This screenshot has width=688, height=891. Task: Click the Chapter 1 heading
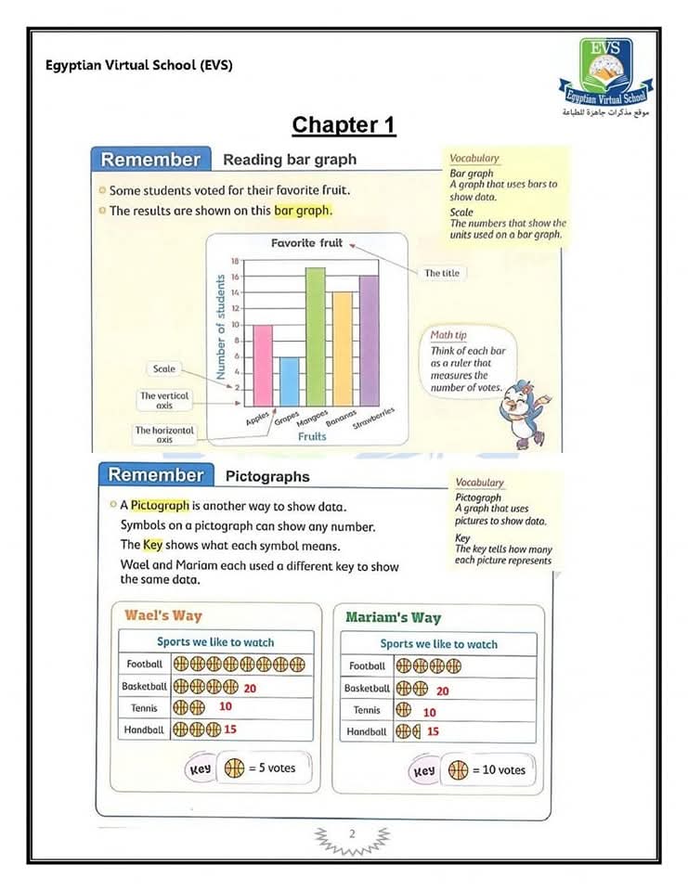click(x=344, y=125)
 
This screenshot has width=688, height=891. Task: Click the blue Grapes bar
click(x=290, y=381)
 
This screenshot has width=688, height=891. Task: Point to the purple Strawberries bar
click(x=369, y=340)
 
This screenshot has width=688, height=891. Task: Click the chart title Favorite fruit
click(x=306, y=243)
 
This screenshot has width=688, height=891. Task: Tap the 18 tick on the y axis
click(x=235, y=262)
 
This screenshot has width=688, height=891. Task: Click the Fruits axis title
click(x=312, y=435)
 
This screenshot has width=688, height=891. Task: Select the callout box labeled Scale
click(x=163, y=369)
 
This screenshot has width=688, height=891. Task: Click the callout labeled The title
click(x=441, y=273)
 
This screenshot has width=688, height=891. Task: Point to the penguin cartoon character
click(x=524, y=412)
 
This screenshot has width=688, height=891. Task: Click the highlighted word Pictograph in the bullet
click(x=160, y=506)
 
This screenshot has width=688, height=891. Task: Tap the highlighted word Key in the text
click(x=152, y=545)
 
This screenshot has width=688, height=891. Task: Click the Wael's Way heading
click(x=162, y=615)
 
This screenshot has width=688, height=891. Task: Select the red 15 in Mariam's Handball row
click(x=433, y=731)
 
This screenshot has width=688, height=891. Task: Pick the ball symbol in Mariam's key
click(x=458, y=770)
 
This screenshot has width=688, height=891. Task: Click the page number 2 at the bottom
click(x=352, y=834)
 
